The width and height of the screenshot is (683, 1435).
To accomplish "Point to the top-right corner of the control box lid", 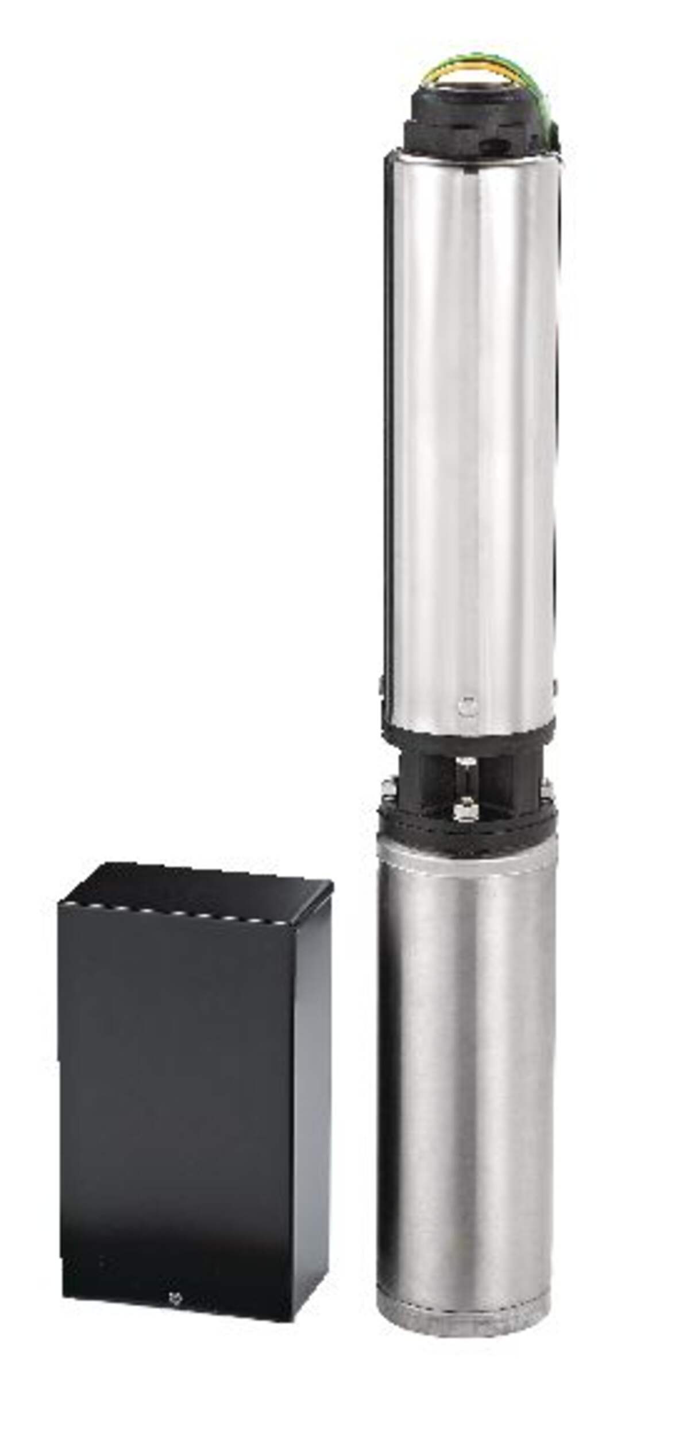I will [x=331, y=886].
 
